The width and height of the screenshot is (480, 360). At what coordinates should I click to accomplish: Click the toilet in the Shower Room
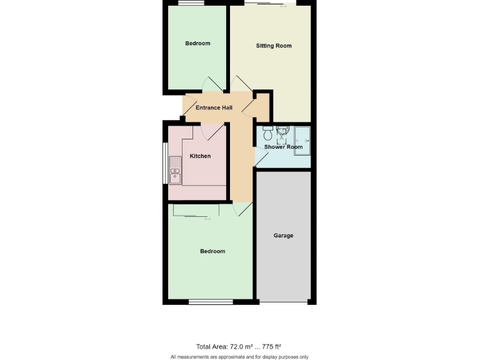pyautogui.click(x=267, y=133)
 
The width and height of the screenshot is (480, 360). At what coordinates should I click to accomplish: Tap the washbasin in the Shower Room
pyautogui.click(x=282, y=132)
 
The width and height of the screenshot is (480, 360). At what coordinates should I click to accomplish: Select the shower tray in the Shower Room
pyautogui.click(x=302, y=140)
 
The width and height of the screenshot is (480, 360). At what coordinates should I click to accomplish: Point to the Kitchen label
pyautogui.click(x=200, y=156)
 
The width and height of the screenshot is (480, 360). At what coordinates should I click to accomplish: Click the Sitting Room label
pyautogui.click(x=274, y=46)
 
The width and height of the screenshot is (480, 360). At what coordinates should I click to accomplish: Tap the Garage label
pyautogui.click(x=283, y=236)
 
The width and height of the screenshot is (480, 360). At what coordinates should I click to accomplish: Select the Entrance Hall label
pyautogui.click(x=214, y=108)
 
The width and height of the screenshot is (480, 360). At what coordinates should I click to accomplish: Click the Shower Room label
pyautogui.click(x=283, y=147)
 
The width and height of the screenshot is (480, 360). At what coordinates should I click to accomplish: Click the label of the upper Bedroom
pyautogui.click(x=197, y=44)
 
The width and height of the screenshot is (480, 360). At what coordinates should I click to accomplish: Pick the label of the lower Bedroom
pyautogui.click(x=212, y=251)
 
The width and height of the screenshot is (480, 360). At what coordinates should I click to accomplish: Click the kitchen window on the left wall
pyautogui.click(x=165, y=164)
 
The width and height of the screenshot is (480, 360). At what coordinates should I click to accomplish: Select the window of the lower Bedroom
pyautogui.click(x=211, y=302)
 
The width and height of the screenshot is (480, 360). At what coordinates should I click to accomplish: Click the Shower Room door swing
pyautogui.click(x=261, y=157)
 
